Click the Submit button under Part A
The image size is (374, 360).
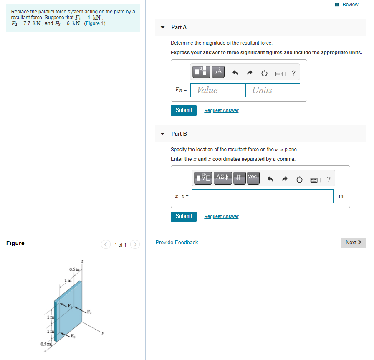click(x=184, y=110)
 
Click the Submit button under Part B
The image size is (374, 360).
click(x=184, y=216)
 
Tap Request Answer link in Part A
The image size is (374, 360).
click(x=221, y=111)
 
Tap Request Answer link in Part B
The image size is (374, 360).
click(x=221, y=217)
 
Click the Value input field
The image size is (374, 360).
click(x=217, y=90)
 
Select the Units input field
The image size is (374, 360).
click(x=273, y=90)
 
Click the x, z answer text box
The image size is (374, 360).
click(x=263, y=196)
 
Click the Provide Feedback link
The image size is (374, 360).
click(x=177, y=243)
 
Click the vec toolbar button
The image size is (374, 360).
click(x=253, y=177)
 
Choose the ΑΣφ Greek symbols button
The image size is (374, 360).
click(x=222, y=177)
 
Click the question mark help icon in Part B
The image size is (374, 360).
click(x=329, y=180)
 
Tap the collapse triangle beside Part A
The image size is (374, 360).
click(x=163, y=28)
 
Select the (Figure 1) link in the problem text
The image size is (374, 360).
click(x=95, y=23)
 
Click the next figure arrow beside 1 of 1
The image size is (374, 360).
click(x=135, y=245)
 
